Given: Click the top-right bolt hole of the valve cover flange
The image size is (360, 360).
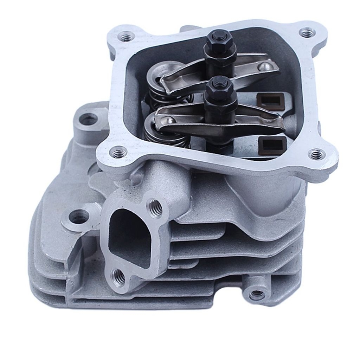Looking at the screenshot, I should pyautogui.click(x=308, y=33).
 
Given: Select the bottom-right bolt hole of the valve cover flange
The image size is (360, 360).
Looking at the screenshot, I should pyautogui.click(x=316, y=154).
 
